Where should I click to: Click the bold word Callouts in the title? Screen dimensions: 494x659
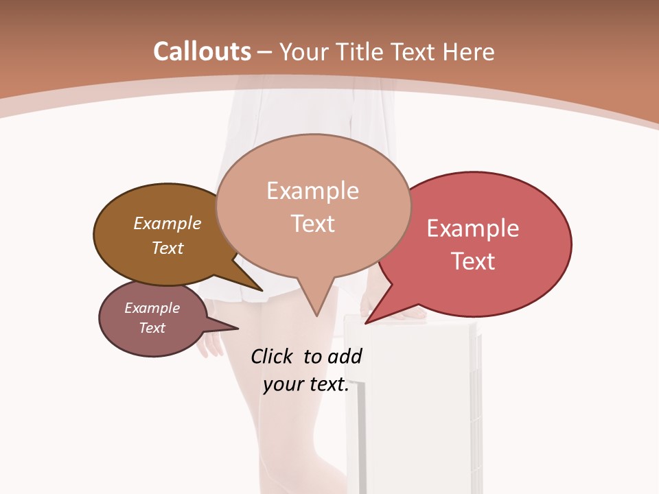tap(202, 51)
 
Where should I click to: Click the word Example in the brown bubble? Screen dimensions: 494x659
tap(167, 223)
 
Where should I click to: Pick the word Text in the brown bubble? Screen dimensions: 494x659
tap(167, 248)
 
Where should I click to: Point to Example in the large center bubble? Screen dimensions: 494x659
tap(312, 191)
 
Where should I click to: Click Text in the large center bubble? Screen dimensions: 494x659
tap(312, 224)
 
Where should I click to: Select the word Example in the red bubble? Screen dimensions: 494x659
tap(473, 228)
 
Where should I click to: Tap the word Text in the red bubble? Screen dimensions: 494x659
tap(473, 261)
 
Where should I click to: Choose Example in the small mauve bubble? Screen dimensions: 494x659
tap(152, 308)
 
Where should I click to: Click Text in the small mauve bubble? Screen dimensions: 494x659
tap(152, 328)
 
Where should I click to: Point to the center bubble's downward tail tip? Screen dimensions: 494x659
tap(316, 316)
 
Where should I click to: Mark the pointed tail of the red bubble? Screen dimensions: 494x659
tap(366, 323)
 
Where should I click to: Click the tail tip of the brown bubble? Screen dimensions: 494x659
tap(262, 291)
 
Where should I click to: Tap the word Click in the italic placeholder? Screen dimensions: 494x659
tap(273, 356)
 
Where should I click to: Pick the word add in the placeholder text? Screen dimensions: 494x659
tap(345, 356)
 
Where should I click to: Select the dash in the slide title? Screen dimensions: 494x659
tap(266, 52)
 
